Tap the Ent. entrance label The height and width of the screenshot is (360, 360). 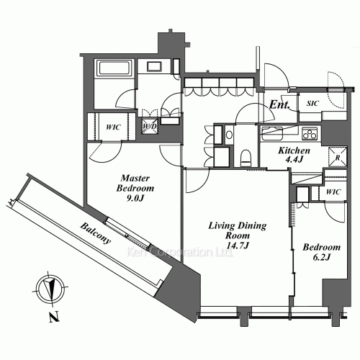[280, 107]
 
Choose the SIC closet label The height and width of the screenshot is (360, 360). [312, 104]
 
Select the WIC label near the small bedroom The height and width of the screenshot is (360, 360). [332, 192]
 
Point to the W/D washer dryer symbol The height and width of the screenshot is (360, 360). [150, 127]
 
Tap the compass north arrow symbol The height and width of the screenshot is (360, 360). [49, 288]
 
